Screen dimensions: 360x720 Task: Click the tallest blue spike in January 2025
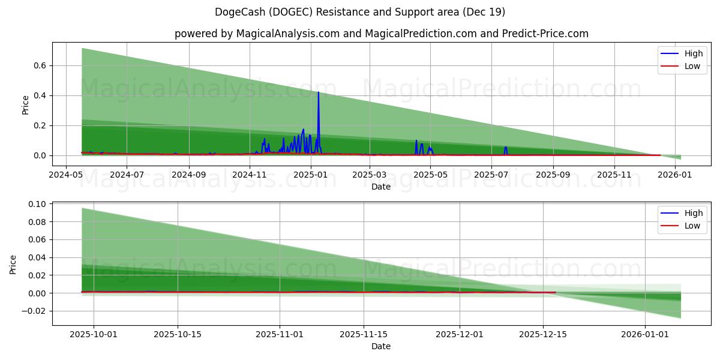318,93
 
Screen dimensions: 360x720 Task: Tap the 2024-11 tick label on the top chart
249,175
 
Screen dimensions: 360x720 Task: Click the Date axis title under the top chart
381,187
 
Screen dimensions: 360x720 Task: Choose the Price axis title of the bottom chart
13,265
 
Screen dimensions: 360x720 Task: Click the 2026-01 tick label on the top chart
676,175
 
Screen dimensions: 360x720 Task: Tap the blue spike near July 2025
506,148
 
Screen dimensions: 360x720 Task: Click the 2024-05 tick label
65,175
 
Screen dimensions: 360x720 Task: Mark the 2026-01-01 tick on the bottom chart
645,334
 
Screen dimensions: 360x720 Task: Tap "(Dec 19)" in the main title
485,12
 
